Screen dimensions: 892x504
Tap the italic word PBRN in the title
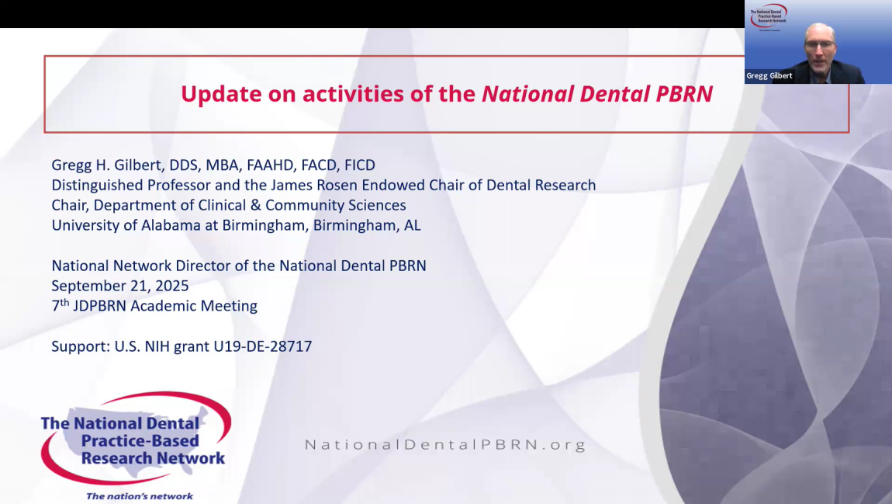(x=684, y=94)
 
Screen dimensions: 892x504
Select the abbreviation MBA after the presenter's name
(x=222, y=165)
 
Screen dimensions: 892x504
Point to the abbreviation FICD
(x=360, y=165)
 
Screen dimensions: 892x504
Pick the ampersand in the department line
(x=255, y=205)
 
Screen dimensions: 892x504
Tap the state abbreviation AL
(x=413, y=225)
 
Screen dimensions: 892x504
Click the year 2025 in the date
(x=172, y=285)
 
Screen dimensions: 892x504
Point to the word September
(x=86, y=286)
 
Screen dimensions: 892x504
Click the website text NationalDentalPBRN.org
(x=445, y=445)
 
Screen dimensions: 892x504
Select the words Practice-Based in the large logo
(x=140, y=441)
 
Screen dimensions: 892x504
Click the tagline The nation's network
(x=140, y=496)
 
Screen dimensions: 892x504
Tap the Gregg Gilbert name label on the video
(x=769, y=76)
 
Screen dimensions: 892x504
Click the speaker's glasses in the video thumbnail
(x=820, y=44)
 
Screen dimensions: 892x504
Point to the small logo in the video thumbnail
(x=769, y=16)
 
